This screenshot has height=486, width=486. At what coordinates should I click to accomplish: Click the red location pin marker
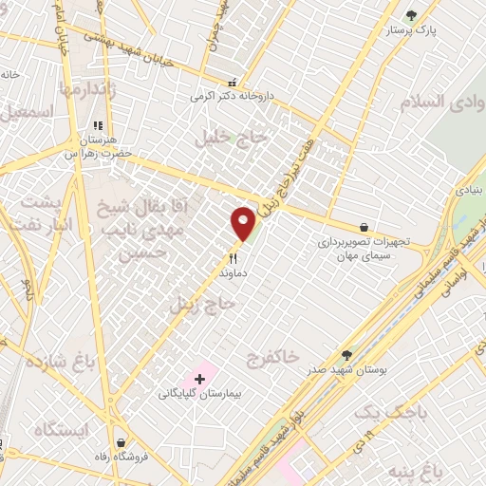pyautogui.click(x=244, y=224)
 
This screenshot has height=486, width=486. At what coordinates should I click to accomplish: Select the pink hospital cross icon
pyautogui.click(x=199, y=379)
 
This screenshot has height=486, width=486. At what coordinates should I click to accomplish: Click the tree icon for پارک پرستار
pyautogui.click(x=410, y=15)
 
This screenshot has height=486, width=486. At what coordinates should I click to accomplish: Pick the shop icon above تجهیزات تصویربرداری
pyautogui.click(x=364, y=227)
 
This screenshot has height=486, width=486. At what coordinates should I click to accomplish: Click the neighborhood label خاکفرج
pyautogui.click(x=272, y=359)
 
